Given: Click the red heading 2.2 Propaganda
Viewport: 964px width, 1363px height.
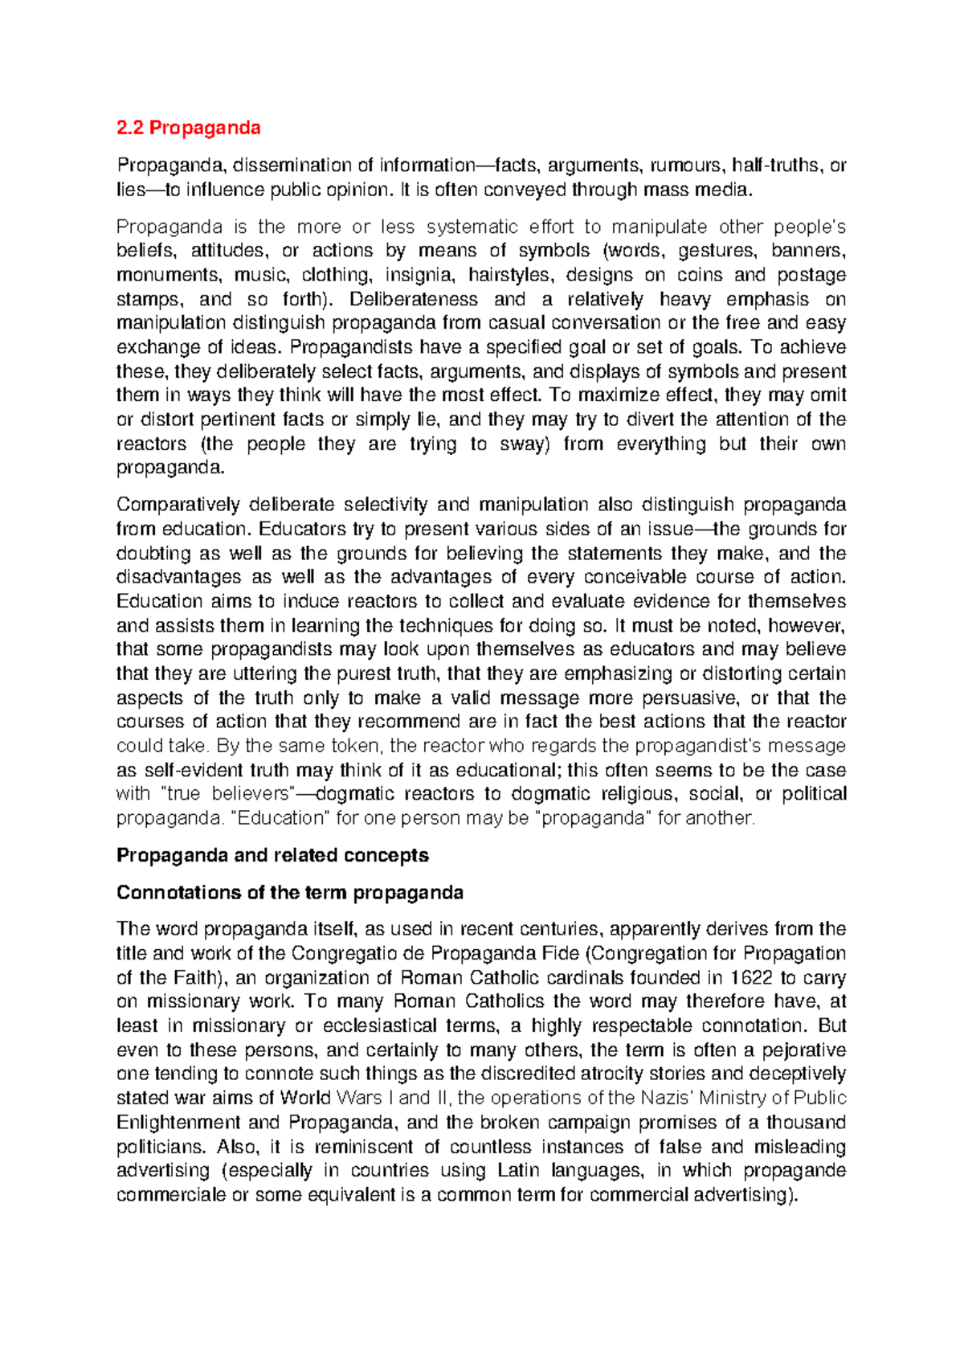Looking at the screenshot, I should click(x=189, y=128).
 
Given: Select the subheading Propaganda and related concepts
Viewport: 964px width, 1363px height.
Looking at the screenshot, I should click(x=272, y=855).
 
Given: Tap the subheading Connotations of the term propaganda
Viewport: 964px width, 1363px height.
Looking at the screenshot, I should click(x=290, y=893).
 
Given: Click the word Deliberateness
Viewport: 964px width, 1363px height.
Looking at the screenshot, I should click(x=415, y=299).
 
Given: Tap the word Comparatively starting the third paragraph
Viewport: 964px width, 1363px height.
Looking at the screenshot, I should click(x=176, y=505).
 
